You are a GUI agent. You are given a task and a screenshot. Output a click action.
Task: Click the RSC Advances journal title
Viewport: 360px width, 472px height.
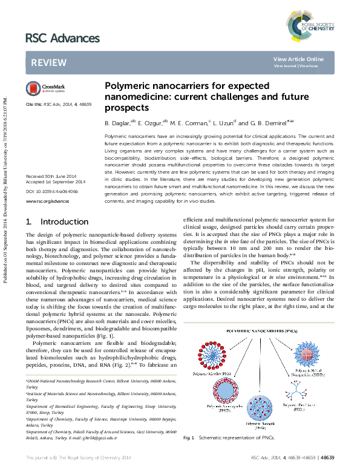[62, 39]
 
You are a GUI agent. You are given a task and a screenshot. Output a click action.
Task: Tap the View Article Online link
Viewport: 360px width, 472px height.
[298, 59]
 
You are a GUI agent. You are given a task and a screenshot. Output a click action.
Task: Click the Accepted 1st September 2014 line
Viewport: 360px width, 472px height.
[55, 182]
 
